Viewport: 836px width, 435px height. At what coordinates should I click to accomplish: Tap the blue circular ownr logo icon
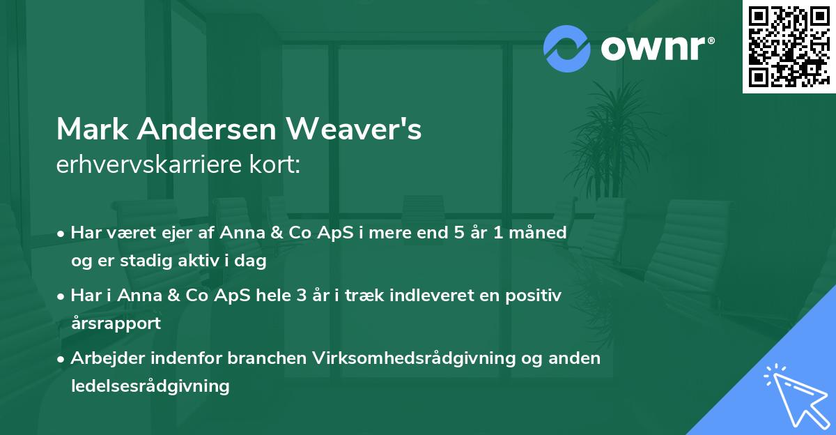pyautogui.click(x=567, y=48)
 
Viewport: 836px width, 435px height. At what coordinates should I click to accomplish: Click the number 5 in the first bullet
pyautogui.click(x=460, y=233)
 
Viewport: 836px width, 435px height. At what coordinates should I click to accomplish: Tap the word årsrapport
pyautogui.click(x=116, y=323)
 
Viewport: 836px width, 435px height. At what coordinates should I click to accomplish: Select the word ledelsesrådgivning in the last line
pyautogui.click(x=150, y=386)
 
